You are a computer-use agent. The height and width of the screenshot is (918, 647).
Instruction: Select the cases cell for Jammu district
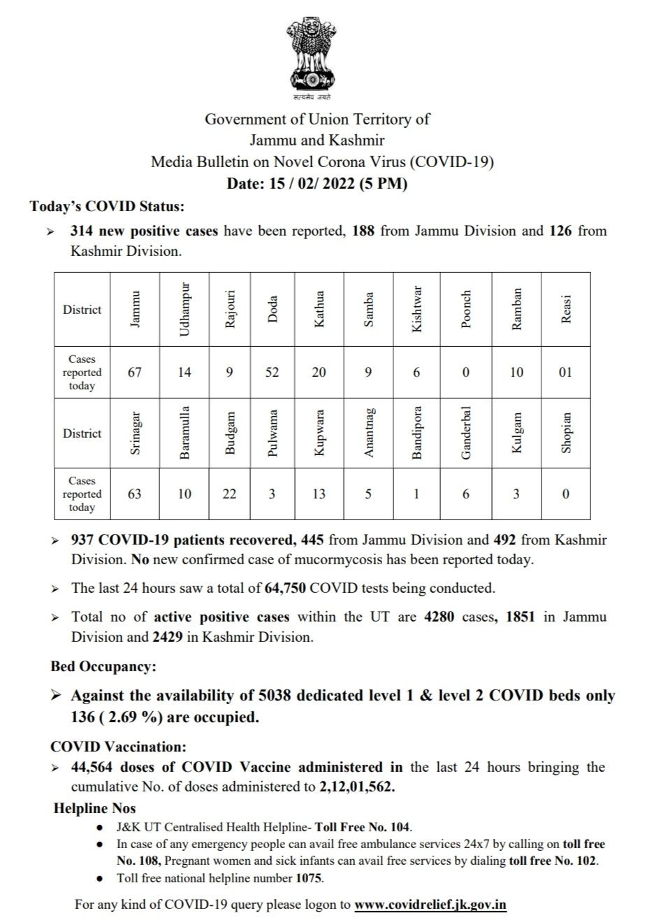135,373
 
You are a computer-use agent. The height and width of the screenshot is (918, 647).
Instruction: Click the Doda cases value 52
272,373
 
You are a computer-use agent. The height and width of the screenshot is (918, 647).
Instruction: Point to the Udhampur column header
184,310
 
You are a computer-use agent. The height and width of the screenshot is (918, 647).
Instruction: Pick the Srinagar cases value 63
135,494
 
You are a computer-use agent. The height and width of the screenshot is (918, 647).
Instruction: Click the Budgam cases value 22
228,494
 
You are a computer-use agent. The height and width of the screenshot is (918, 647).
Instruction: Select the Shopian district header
566,433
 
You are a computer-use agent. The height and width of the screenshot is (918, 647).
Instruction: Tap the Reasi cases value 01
565,373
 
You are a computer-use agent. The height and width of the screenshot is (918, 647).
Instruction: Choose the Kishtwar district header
417,310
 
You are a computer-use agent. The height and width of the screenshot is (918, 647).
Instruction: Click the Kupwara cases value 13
319,494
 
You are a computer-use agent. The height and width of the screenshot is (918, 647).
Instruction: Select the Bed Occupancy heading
103,666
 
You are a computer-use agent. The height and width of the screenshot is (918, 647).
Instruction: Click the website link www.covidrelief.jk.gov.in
430,904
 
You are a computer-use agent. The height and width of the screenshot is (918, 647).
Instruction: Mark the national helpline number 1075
309,877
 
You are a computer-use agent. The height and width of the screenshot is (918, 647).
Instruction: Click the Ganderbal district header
466,433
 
